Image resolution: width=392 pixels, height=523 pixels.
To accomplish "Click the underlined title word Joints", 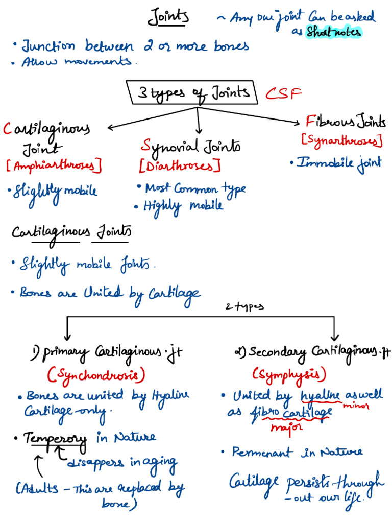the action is click(x=168, y=18).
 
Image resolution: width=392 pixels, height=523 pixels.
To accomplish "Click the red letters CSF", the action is click(x=284, y=93).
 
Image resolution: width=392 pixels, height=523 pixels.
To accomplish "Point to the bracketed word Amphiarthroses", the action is click(x=54, y=165).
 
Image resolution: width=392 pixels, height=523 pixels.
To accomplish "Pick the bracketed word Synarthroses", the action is click(x=342, y=139).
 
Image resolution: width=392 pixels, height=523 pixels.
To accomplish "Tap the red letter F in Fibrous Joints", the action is click(x=310, y=122).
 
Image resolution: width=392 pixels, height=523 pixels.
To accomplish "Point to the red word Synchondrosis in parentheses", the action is click(x=96, y=375).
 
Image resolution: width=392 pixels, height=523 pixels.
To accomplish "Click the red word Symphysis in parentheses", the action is click(x=289, y=374).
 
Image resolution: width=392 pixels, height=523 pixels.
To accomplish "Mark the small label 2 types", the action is click(x=245, y=307).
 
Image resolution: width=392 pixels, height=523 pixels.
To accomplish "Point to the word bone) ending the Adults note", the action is click(x=118, y=505).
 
